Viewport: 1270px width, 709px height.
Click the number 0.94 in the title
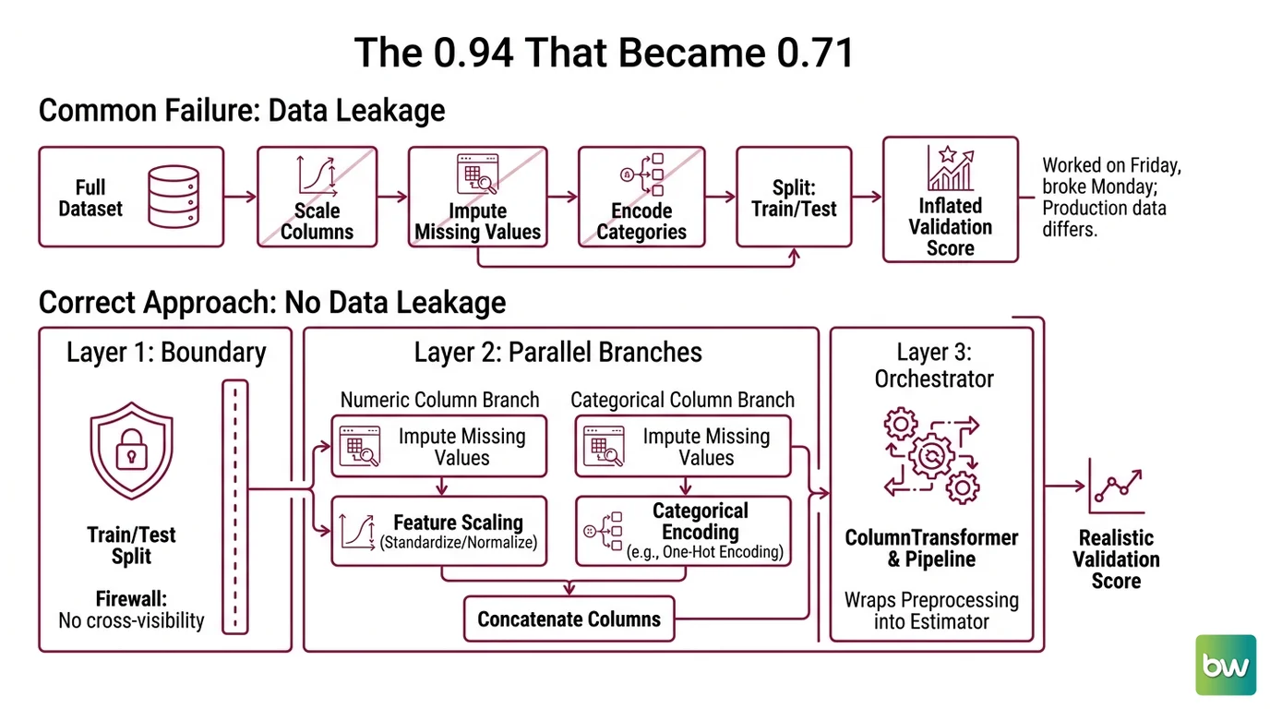pyautogui.click(x=473, y=53)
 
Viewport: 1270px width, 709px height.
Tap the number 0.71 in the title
pyautogui.click(x=815, y=53)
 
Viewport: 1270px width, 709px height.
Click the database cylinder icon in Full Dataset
pyautogui.click(x=174, y=197)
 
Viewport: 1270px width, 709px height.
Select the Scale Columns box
pyautogui.click(x=317, y=197)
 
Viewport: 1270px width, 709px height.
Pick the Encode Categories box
pyautogui.click(x=641, y=197)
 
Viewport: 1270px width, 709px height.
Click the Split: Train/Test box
pyautogui.click(x=794, y=197)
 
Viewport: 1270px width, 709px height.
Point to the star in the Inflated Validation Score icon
pyautogui.click(x=947, y=154)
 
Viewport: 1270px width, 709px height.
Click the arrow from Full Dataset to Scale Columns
pyautogui.click(x=240, y=197)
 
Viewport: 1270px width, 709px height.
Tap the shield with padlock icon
pyautogui.click(x=132, y=451)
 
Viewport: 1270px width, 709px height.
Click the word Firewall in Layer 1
pyautogui.click(x=131, y=598)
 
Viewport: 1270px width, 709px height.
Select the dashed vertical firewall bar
pyautogui.click(x=235, y=507)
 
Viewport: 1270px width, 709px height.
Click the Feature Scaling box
pyautogui.click(x=439, y=531)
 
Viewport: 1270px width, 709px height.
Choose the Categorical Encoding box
pyautogui.click(x=683, y=531)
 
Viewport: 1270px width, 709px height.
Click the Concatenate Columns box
pyautogui.click(x=569, y=619)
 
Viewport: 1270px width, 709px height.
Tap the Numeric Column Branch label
pyautogui.click(x=439, y=400)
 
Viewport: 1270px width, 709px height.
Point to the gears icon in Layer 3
pyautogui.click(x=931, y=455)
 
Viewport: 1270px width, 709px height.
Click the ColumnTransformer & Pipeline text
pyautogui.click(x=931, y=548)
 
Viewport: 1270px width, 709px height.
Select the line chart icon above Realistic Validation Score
pyautogui.click(x=1117, y=486)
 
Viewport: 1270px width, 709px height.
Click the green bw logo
pyautogui.click(x=1226, y=665)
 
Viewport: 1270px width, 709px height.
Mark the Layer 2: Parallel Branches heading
pyautogui.click(x=557, y=353)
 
